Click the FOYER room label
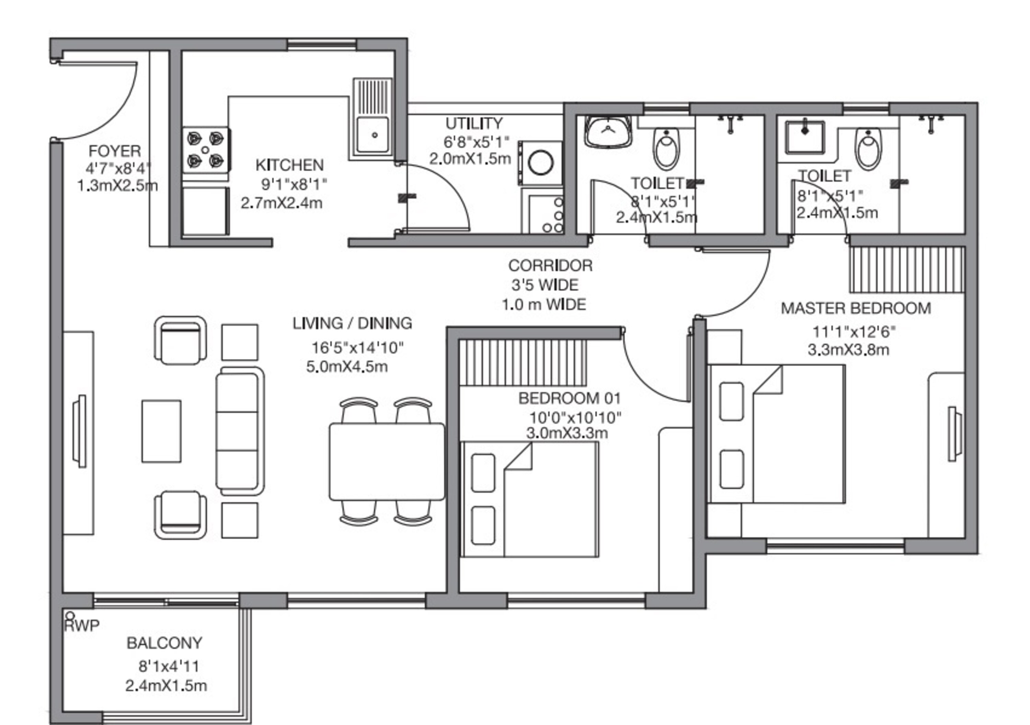click(x=115, y=151)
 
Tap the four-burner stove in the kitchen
click(x=206, y=149)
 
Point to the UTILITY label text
click(x=474, y=123)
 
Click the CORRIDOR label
click(x=550, y=266)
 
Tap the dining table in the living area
click(x=387, y=462)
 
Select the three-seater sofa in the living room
click(x=240, y=431)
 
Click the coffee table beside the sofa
click(x=161, y=431)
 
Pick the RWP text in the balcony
click(x=82, y=626)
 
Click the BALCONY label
click(x=164, y=643)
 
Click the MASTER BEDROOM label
click(x=856, y=308)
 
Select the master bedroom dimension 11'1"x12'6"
click(x=854, y=332)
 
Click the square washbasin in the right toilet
click(x=805, y=137)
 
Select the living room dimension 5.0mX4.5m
click(x=347, y=367)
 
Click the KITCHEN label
click(x=289, y=165)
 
